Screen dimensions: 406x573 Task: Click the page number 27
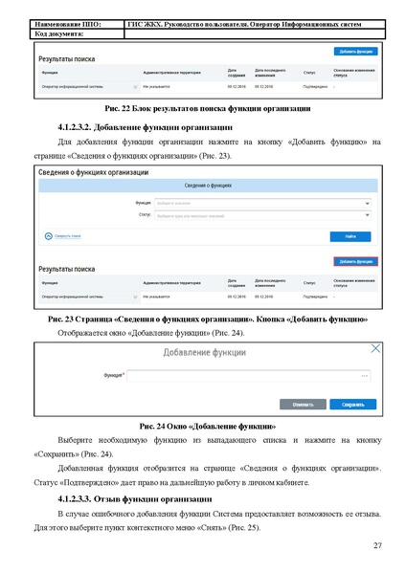click(x=376, y=544)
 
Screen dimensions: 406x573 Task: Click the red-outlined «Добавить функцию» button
click(x=355, y=261)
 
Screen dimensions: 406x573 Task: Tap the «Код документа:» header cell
click(x=61, y=33)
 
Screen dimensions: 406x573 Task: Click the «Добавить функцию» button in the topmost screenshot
click(x=355, y=51)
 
